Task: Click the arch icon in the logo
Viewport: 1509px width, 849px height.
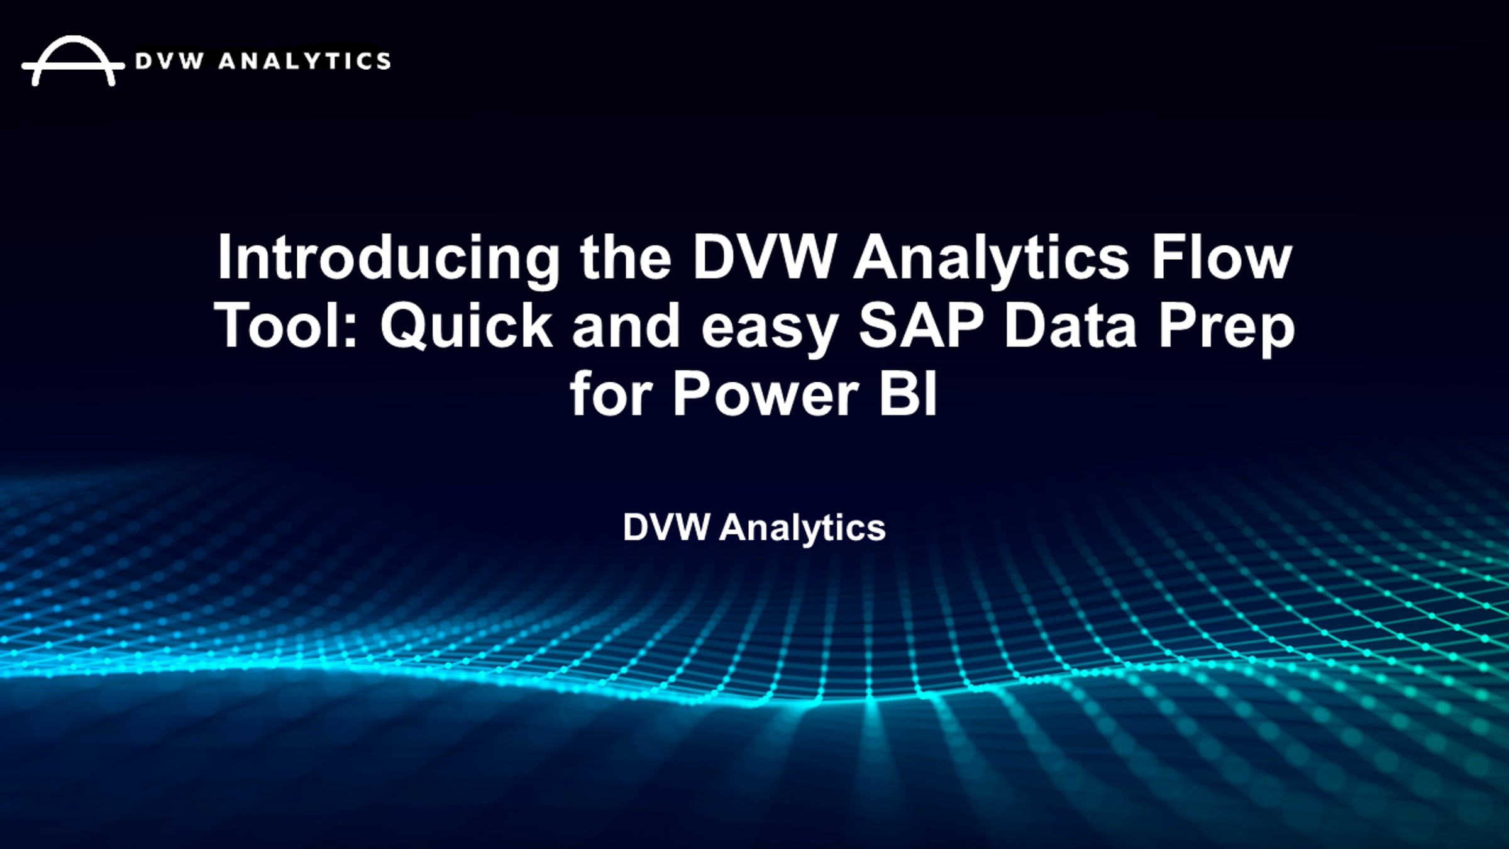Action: (73, 61)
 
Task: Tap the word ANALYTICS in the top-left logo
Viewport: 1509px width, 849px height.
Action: (304, 62)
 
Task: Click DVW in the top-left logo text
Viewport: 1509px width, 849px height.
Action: (170, 62)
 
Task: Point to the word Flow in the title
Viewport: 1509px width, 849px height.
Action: (1221, 258)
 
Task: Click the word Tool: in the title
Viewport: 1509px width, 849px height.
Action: (287, 326)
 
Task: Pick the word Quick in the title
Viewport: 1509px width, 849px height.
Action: (466, 326)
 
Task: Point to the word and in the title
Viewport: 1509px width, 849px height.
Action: (626, 326)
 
